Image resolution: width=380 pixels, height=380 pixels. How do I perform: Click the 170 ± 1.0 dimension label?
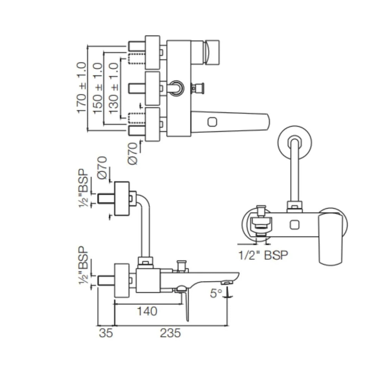(x=82, y=88)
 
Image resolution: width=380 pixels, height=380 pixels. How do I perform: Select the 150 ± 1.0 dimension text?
(x=97, y=88)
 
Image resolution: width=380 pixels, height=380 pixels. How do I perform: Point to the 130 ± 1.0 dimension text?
(x=113, y=88)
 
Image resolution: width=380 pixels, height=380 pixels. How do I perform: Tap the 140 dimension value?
(x=147, y=311)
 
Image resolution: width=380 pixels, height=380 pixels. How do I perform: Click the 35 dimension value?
(x=106, y=333)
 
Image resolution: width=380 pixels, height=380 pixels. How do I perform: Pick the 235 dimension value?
(x=170, y=333)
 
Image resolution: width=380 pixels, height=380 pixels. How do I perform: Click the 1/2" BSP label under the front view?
(x=263, y=255)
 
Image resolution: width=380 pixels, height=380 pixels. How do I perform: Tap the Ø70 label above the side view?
(x=102, y=169)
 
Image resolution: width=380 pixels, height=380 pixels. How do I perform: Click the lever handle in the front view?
(x=330, y=239)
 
